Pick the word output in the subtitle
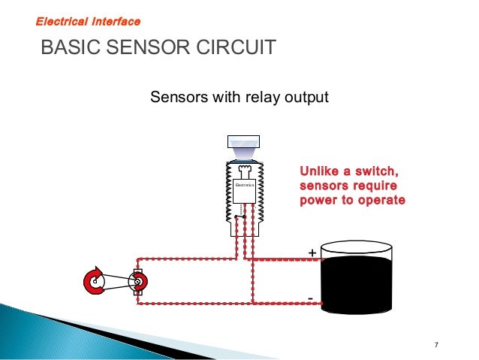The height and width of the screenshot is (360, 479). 307,98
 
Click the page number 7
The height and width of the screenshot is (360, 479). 436,345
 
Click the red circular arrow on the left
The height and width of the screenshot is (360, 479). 95,282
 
